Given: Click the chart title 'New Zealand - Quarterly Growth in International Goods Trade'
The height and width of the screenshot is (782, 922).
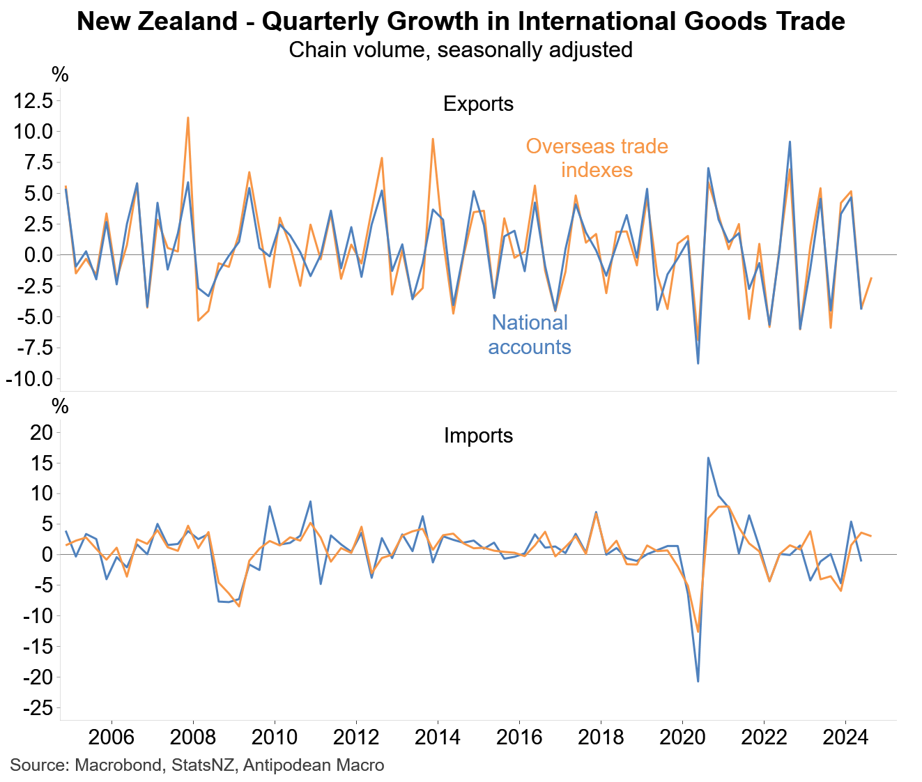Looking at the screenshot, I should pos(461,22).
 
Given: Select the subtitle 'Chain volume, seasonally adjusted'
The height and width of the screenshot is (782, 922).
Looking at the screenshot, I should pos(461,50).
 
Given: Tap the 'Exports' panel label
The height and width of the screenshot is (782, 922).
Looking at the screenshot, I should pos(478,104).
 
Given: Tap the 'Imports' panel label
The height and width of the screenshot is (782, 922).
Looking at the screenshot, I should pos(478,436).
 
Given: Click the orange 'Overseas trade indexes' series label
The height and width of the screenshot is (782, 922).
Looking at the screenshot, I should pos(597,158).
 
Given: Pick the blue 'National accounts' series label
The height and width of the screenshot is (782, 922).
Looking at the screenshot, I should pos(530,335).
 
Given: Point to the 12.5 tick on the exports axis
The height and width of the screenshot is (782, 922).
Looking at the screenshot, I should pos(33,101).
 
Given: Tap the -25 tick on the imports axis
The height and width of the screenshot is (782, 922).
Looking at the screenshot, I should pos(38,708).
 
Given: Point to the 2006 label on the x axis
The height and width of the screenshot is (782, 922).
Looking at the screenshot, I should pos(112,737).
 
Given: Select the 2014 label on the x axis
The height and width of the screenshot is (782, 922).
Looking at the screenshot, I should pos(438,737).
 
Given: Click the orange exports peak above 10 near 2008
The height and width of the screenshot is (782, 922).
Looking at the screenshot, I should pos(188,118).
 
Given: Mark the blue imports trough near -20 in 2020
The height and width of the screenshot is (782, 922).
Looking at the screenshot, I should pos(698,681).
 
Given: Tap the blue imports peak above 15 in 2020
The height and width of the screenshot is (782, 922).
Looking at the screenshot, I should pos(708,458).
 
